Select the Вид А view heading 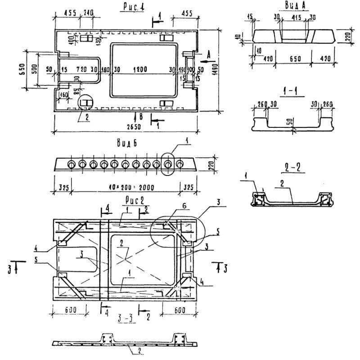click(x=293, y=5)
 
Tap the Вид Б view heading click(x=126, y=144)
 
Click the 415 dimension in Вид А click(x=296, y=18)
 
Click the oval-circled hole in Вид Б click(x=169, y=165)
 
